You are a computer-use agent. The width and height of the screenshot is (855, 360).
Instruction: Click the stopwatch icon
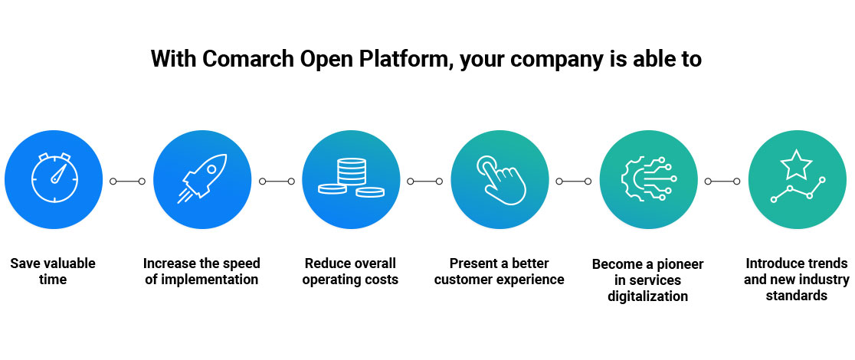click(x=54, y=180)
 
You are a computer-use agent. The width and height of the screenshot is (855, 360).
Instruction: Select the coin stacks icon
click(x=351, y=180)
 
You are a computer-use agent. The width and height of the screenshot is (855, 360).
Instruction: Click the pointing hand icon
click(x=499, y=180)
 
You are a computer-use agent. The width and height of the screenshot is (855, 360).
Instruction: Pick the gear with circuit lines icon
click(x=647, y=180)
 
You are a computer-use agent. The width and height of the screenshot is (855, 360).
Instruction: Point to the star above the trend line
click(x=796, y=164)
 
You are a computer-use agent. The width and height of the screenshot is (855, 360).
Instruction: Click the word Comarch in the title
click(x=243, y=59)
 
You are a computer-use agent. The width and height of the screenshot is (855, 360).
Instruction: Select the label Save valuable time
click(x=53, y=271)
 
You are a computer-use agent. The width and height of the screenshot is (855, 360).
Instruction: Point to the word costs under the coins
click(x=379, y=280)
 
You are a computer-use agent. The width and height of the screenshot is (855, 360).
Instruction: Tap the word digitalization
click(x=647, y=296)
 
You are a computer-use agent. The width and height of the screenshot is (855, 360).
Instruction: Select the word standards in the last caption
click(x=796, y=295)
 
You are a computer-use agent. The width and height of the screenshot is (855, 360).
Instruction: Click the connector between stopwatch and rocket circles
click(x=127, y=182)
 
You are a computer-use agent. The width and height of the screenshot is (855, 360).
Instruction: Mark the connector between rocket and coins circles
click(x=277, y=182)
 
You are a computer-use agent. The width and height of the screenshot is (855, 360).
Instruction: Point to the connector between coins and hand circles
click(x=425, y=182)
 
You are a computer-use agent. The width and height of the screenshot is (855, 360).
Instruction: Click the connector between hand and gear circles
click(x=573, y=182)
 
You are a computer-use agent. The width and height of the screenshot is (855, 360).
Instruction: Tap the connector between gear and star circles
click(x=722, y=182)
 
